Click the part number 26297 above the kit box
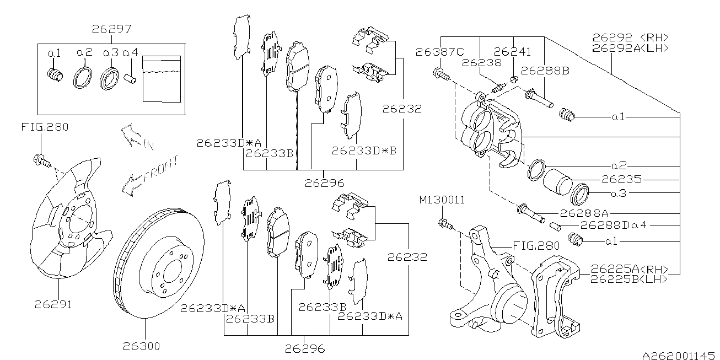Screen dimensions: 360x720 coord(112,29)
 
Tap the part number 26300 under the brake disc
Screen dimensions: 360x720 coord(142,346)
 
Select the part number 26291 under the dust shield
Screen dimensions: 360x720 coord(53,303)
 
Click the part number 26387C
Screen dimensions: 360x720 coord(440,52)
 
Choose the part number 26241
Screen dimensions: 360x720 coord(512,52)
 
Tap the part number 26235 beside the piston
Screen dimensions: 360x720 coord(620,179)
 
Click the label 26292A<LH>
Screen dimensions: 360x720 coord(630,48)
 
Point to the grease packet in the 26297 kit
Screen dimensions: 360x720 coord(162,78)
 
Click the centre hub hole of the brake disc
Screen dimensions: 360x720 coord(169,272)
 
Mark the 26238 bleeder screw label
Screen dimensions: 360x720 coord(482,62)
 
